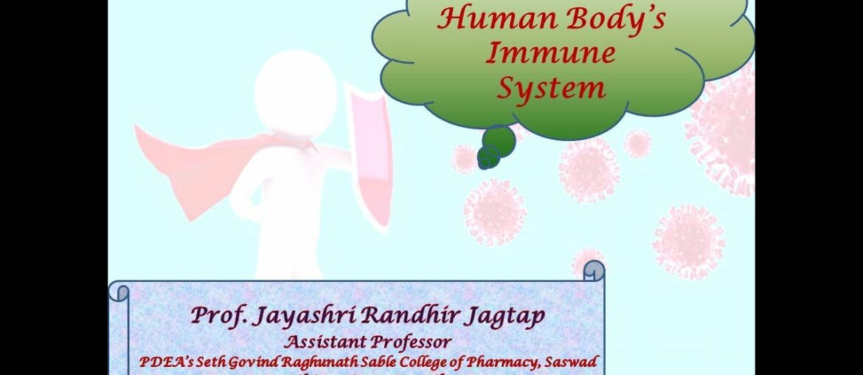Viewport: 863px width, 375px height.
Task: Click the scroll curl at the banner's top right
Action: click(593, 271)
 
